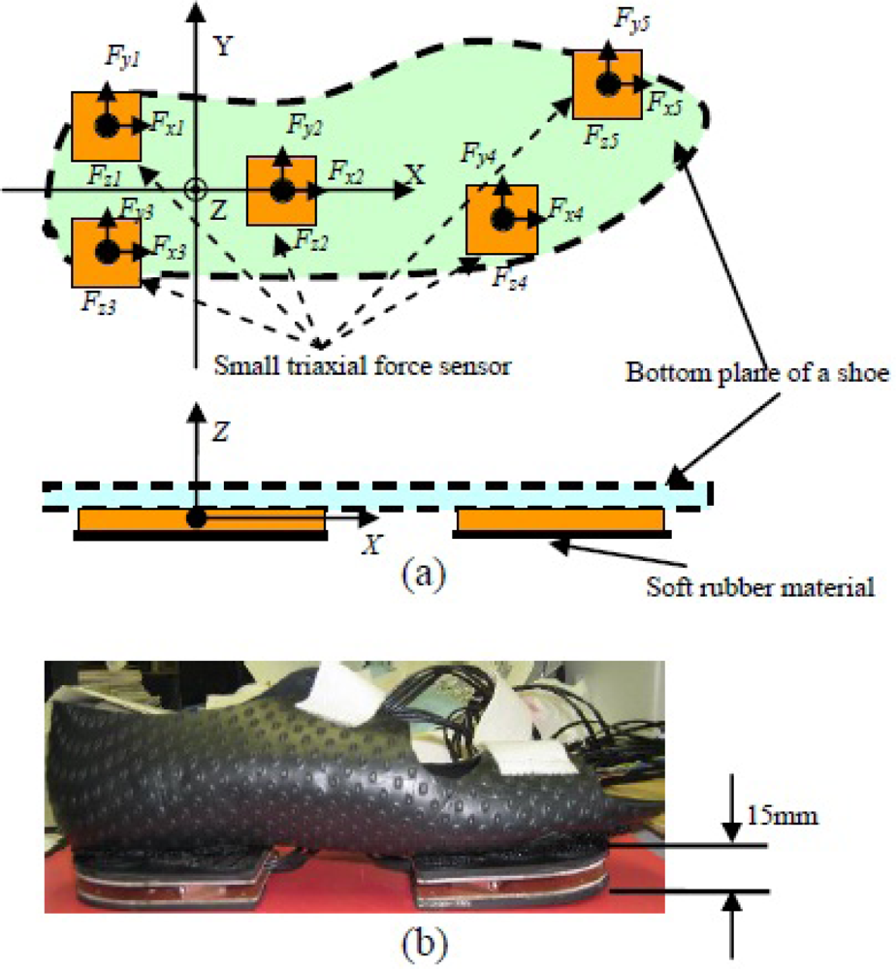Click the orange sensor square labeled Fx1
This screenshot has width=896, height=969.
point(107,126)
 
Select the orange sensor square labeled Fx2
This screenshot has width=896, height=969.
point(281,190)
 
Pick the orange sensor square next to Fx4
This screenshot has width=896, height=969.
point(502,220)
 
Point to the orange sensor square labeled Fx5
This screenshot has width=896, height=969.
point(607,85)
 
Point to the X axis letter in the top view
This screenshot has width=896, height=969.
point(416,174)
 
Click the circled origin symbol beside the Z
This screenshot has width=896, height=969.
point(196,187)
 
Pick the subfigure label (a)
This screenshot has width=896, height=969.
point(424,576)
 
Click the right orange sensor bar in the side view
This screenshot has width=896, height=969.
point(560,521)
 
